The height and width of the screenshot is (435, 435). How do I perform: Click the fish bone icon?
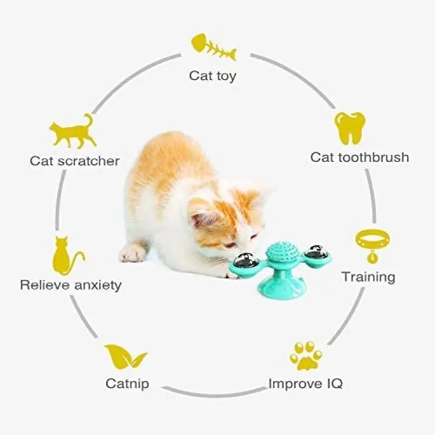[213, 47]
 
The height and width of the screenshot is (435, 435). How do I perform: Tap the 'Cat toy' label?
[212, 75]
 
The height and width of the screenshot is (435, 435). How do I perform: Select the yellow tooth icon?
[350, 128]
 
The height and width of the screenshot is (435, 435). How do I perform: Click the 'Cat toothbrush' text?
[360, 157]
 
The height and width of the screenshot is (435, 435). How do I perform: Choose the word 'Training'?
[368, 277]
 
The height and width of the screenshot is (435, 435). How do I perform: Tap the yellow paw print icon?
[306, 356]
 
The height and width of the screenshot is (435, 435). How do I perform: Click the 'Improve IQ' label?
[306, 383]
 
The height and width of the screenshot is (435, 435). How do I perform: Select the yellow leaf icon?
[125, 357]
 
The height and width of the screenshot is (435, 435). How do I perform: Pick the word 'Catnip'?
[128, 384]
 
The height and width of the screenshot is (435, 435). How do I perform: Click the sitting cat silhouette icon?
[67, 255]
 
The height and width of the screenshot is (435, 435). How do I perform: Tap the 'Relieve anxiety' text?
[71, 285]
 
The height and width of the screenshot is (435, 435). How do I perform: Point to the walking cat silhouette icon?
[72, 131]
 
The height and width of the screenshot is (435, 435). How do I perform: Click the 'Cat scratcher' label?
[75, 161]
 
